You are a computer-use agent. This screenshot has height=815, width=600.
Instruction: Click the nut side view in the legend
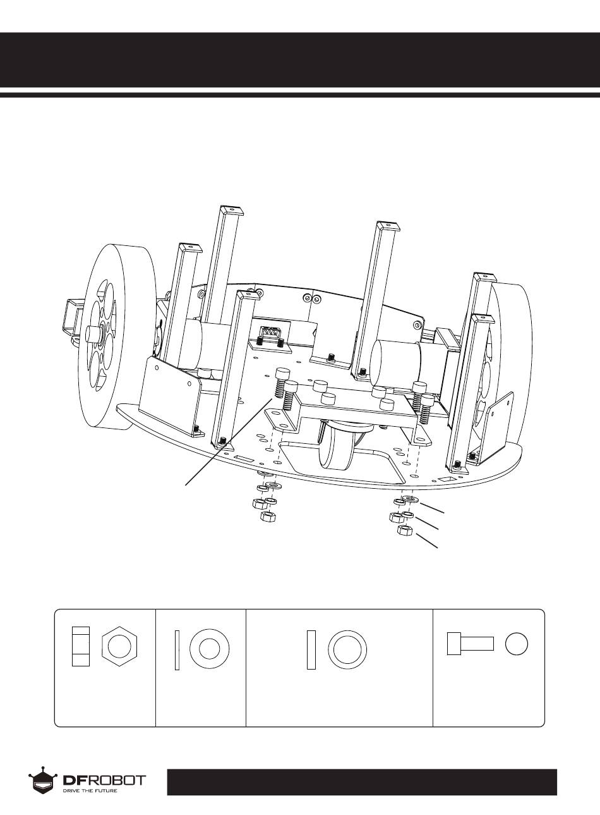click(81, 646)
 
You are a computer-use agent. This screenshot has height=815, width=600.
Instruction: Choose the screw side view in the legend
click(470, 644)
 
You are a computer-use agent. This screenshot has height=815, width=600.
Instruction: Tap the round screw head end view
click(517, 644)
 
